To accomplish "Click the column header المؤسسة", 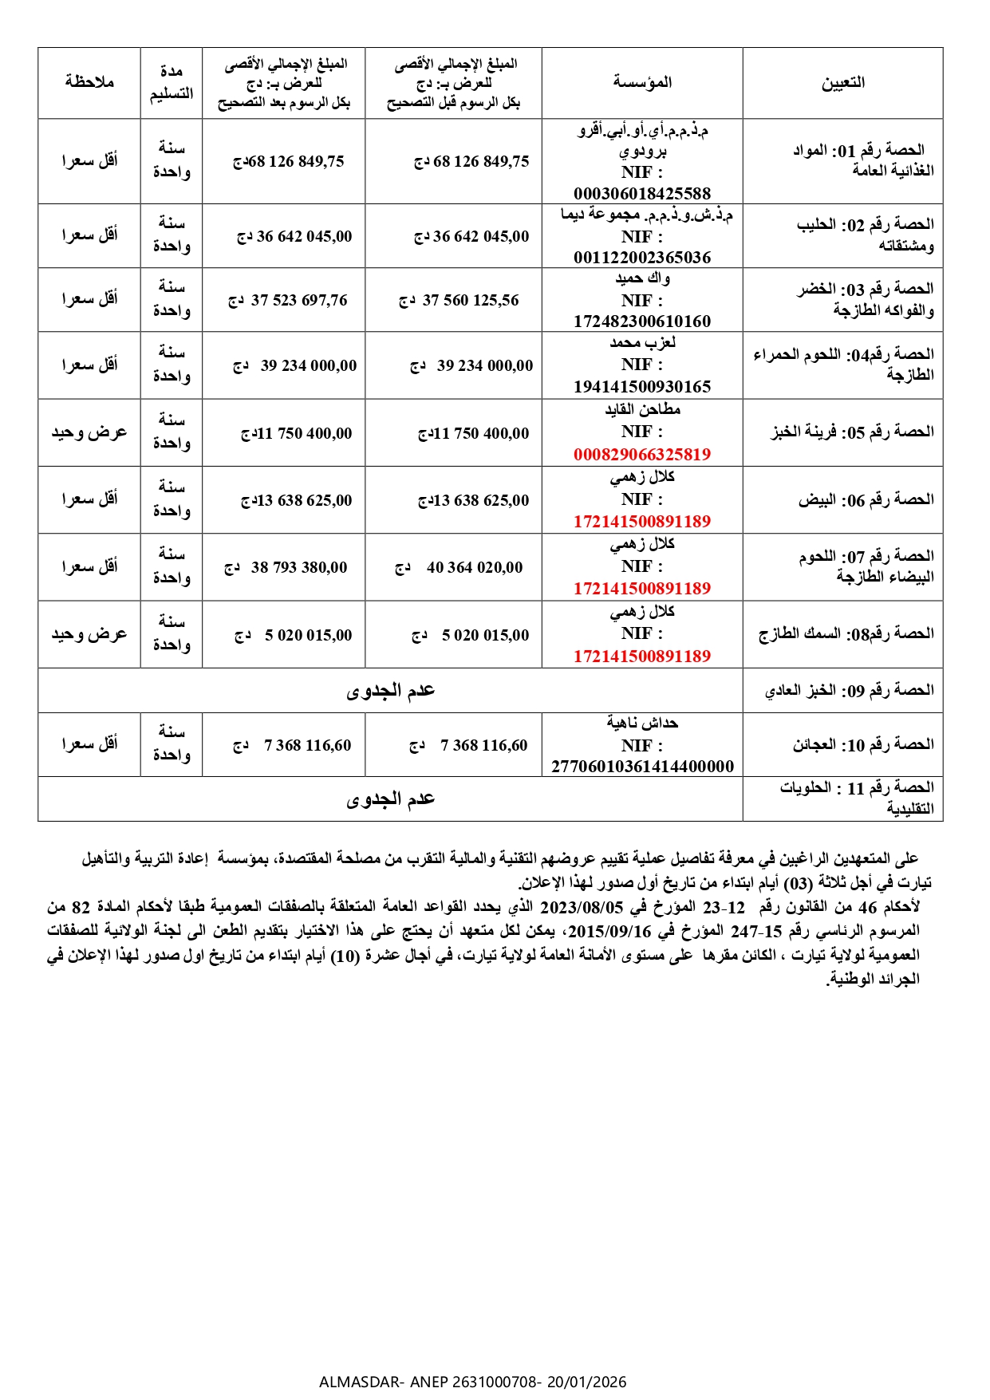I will pyautogui.click(x=642, y=82).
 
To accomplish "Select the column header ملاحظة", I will pyautogui.click(x=89, y=82).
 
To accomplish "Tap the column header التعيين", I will pyautogui.click(x=843, y=82).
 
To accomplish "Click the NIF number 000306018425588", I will pyautogui.click(x=642, y=193).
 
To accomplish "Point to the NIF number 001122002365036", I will pyautogui.click(x=642, y=257).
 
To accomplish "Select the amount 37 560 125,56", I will pyautogui.click(x=471, y=300).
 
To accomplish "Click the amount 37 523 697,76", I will pyautogui.click(x=299, y=300).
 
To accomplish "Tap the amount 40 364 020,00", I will pyautogui.click(x=475, y=567).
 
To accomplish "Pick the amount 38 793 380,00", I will pyautogui.click(x=299, y=567).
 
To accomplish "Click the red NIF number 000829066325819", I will pyautogui.click(x=642, y=454).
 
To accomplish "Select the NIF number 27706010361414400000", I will pyautogui.click(x=642, y=767).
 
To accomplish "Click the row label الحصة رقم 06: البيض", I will pyautogui.click(x=866, y=499).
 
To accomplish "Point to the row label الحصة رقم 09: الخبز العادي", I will pyautogui.click(x=849, y=690).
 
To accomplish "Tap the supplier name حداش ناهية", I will pyautogui.click(x=642, y=723).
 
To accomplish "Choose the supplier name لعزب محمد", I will pyautogui.click(x=642, y=343).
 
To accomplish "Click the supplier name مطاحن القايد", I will pyautogui.click(x=642, y=410).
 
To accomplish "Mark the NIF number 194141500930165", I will pyautogui.click(x=642, y=387).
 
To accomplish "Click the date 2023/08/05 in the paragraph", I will pyautogui.click(x=582, y=907).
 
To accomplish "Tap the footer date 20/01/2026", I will pyautogui.click(x=586, y=1382).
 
